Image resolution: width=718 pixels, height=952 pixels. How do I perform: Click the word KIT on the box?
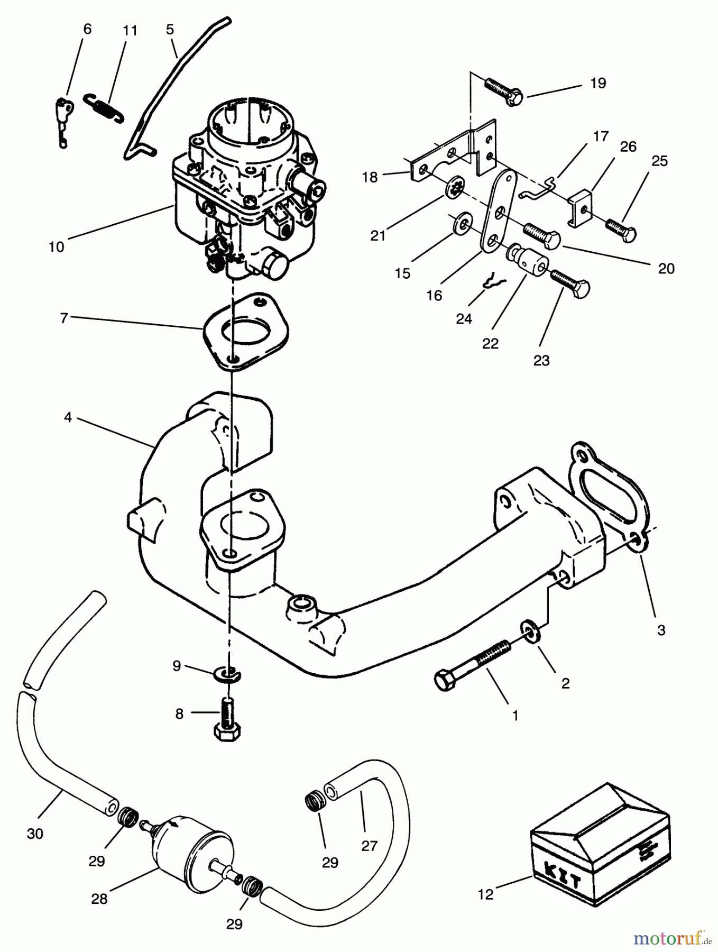point(561,878)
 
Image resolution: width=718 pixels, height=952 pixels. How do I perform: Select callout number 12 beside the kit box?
point(485,894)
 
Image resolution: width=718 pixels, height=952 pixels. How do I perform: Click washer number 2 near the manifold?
point(530,631)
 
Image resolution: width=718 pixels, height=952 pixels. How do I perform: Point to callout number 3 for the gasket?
point(661,630)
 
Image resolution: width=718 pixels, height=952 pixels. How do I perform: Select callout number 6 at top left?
point(87,29)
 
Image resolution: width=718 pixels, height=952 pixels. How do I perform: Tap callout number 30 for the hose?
point(35,834)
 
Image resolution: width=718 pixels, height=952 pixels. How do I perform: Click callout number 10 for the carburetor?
point(56,246)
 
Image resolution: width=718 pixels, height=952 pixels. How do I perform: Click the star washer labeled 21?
point(454,189)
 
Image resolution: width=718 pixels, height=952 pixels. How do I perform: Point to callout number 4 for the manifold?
point(68,417)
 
